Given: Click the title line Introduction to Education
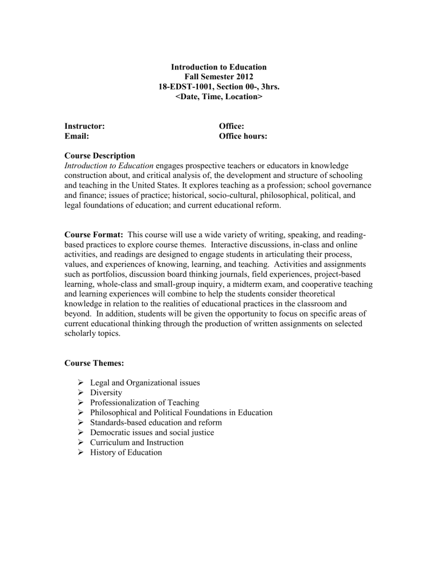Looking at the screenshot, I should pyautogui.click(x=219, y=67).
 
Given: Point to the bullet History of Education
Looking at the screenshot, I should pyautogui.click(x=126, y=452).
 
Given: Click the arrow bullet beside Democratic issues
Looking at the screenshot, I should pyautogui.click(x=80, y=432).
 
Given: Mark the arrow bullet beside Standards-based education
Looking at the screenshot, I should pyautogui.click(x=80, y=423).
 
